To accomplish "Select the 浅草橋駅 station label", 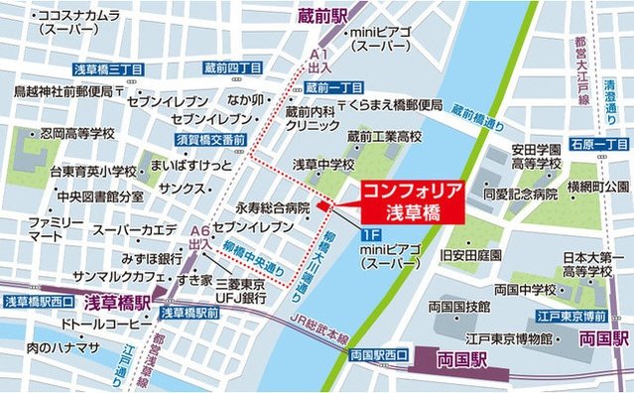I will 115,302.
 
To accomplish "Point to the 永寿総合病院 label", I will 273,209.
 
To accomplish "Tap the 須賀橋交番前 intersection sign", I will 211,141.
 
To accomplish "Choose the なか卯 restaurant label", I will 244,100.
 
